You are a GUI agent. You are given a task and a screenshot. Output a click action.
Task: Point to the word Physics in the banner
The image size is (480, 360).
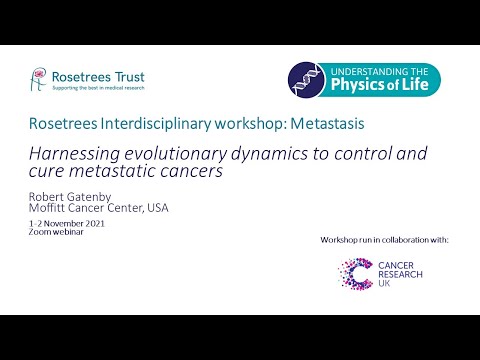[366, 89]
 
